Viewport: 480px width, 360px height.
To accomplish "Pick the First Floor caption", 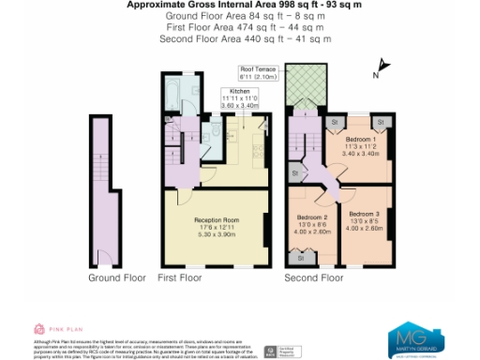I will coord(180,278).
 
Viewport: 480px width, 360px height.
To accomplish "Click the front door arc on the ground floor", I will coord(106,255).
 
